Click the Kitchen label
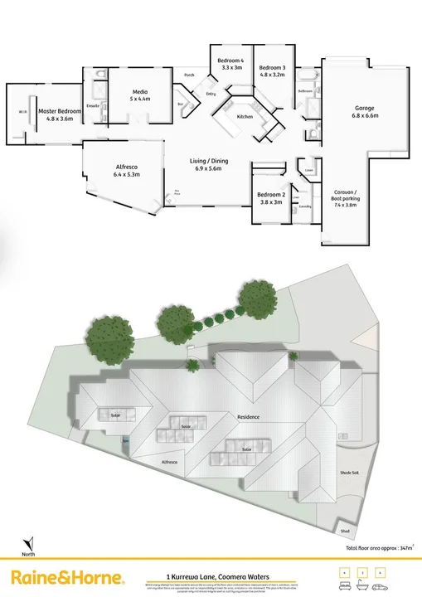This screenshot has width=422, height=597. click(245, 117)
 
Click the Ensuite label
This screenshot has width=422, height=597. click(93, 106)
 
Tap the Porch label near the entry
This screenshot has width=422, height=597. click(189, 75)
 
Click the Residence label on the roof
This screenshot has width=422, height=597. click(249, 417)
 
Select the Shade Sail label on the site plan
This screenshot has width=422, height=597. click(349, 473)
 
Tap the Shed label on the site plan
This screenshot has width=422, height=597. click(345, 531)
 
